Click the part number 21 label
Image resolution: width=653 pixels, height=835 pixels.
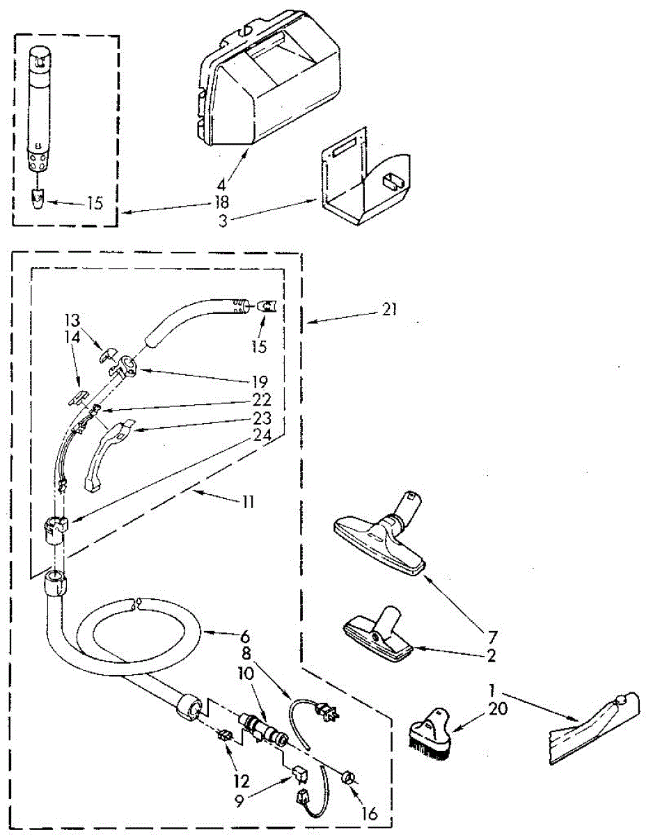coord(390,310)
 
